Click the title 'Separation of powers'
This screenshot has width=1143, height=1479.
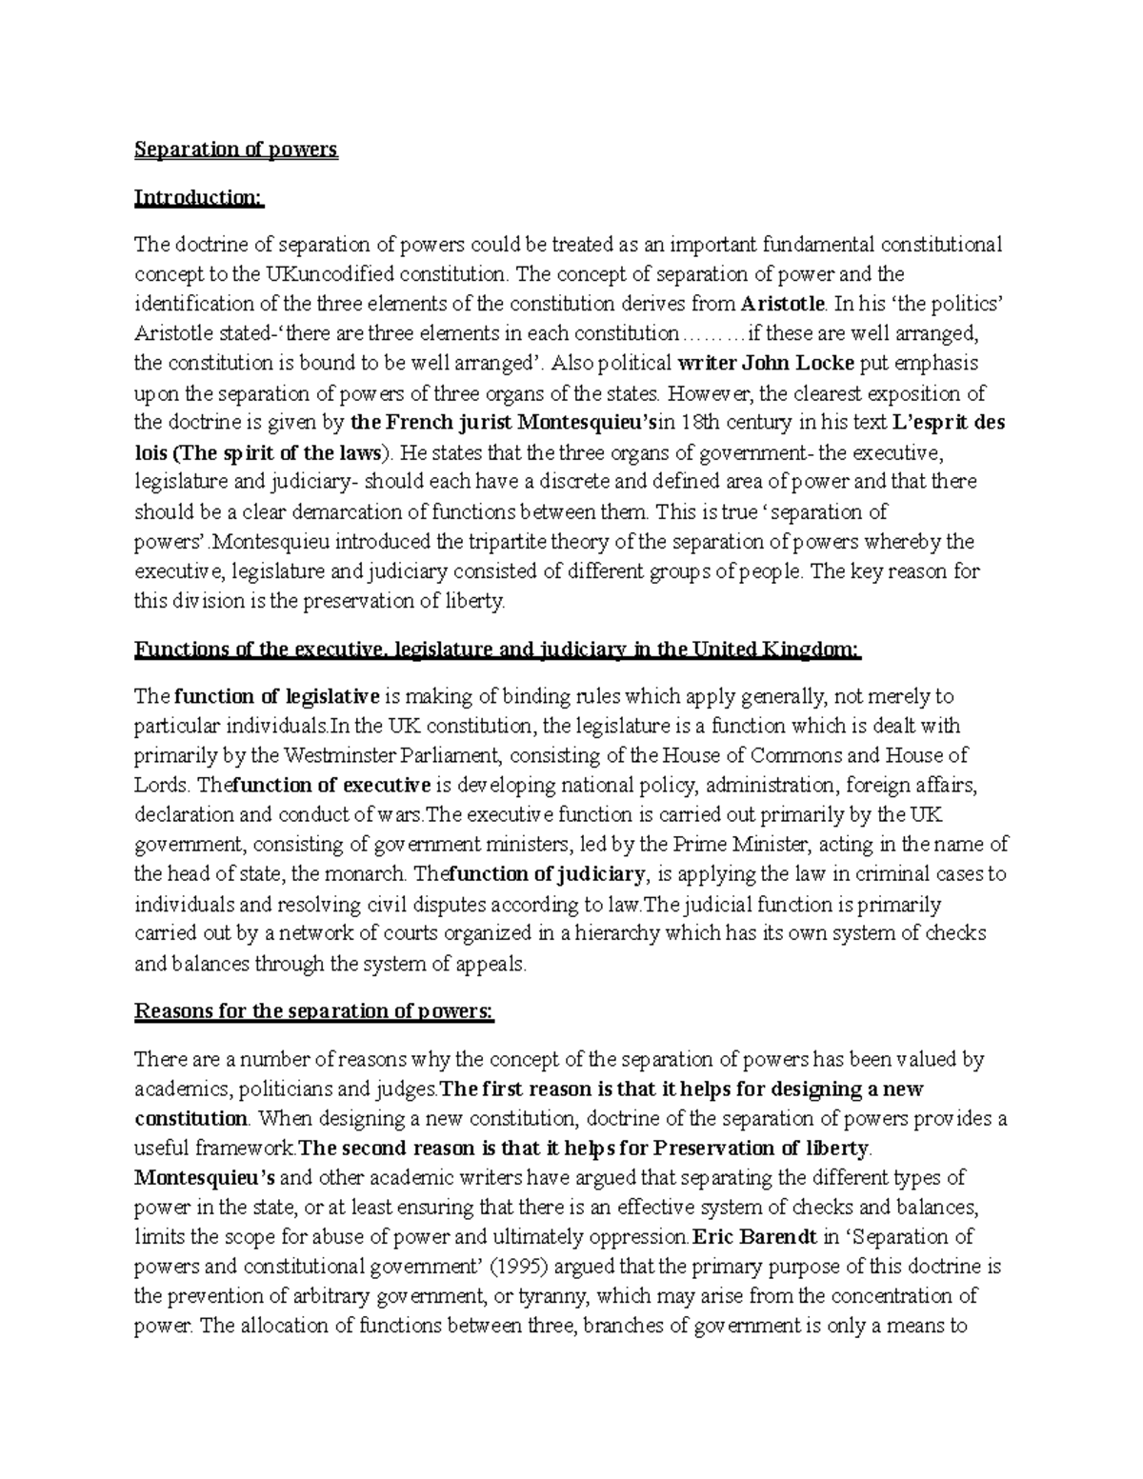point(235,150)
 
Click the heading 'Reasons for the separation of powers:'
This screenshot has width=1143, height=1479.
point(314,1011)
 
